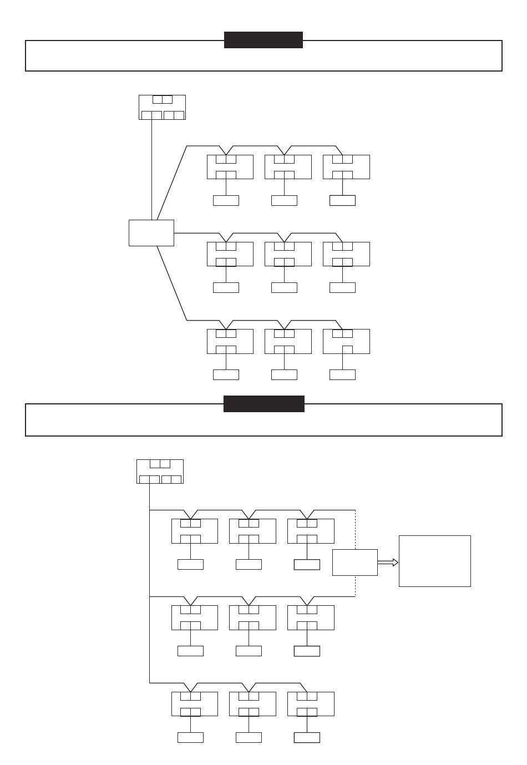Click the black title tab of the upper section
click(263, 40)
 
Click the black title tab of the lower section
click(263, 404)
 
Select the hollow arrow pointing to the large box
click(388, 563)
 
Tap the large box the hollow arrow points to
click(434, 561)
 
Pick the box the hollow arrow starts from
click(355, 563)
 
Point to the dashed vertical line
click(355, 533)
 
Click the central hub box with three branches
click(151, 232)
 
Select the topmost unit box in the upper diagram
click(162, 107)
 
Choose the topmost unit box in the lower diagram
click(160, 472)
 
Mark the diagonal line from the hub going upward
click(171, 183)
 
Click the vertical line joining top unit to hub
click(151, 169)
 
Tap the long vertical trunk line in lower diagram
click(150, 582)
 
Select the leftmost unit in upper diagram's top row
click(230, 167)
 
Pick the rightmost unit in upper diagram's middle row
click(346, 254)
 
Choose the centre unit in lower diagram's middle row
click(252, 618)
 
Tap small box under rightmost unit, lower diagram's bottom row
click(307, 737)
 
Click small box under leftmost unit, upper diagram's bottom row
click(226, 374)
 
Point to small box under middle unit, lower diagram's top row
click(249, 564)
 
